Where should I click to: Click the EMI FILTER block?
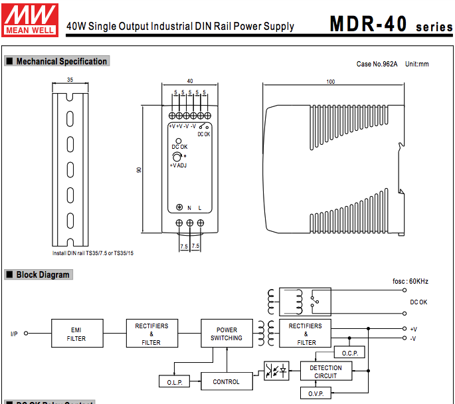[76, 334]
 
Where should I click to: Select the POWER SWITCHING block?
[227, 334]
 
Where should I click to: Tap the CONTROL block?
[226, 381]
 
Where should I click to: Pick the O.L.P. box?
[175, 382]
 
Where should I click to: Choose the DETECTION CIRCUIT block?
[325, 371]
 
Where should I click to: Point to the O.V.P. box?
[316, 394]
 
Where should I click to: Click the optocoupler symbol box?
[276, 371]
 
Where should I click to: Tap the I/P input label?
[14, 334]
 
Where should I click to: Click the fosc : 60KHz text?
[410, 281]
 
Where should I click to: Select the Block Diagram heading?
[43, 274]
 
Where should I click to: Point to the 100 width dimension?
[330, 81]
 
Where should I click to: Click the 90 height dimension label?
[139, 169]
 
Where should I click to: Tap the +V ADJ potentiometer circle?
[177, 155]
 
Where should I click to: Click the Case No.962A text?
[377, 64]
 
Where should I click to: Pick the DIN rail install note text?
[93, 253]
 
